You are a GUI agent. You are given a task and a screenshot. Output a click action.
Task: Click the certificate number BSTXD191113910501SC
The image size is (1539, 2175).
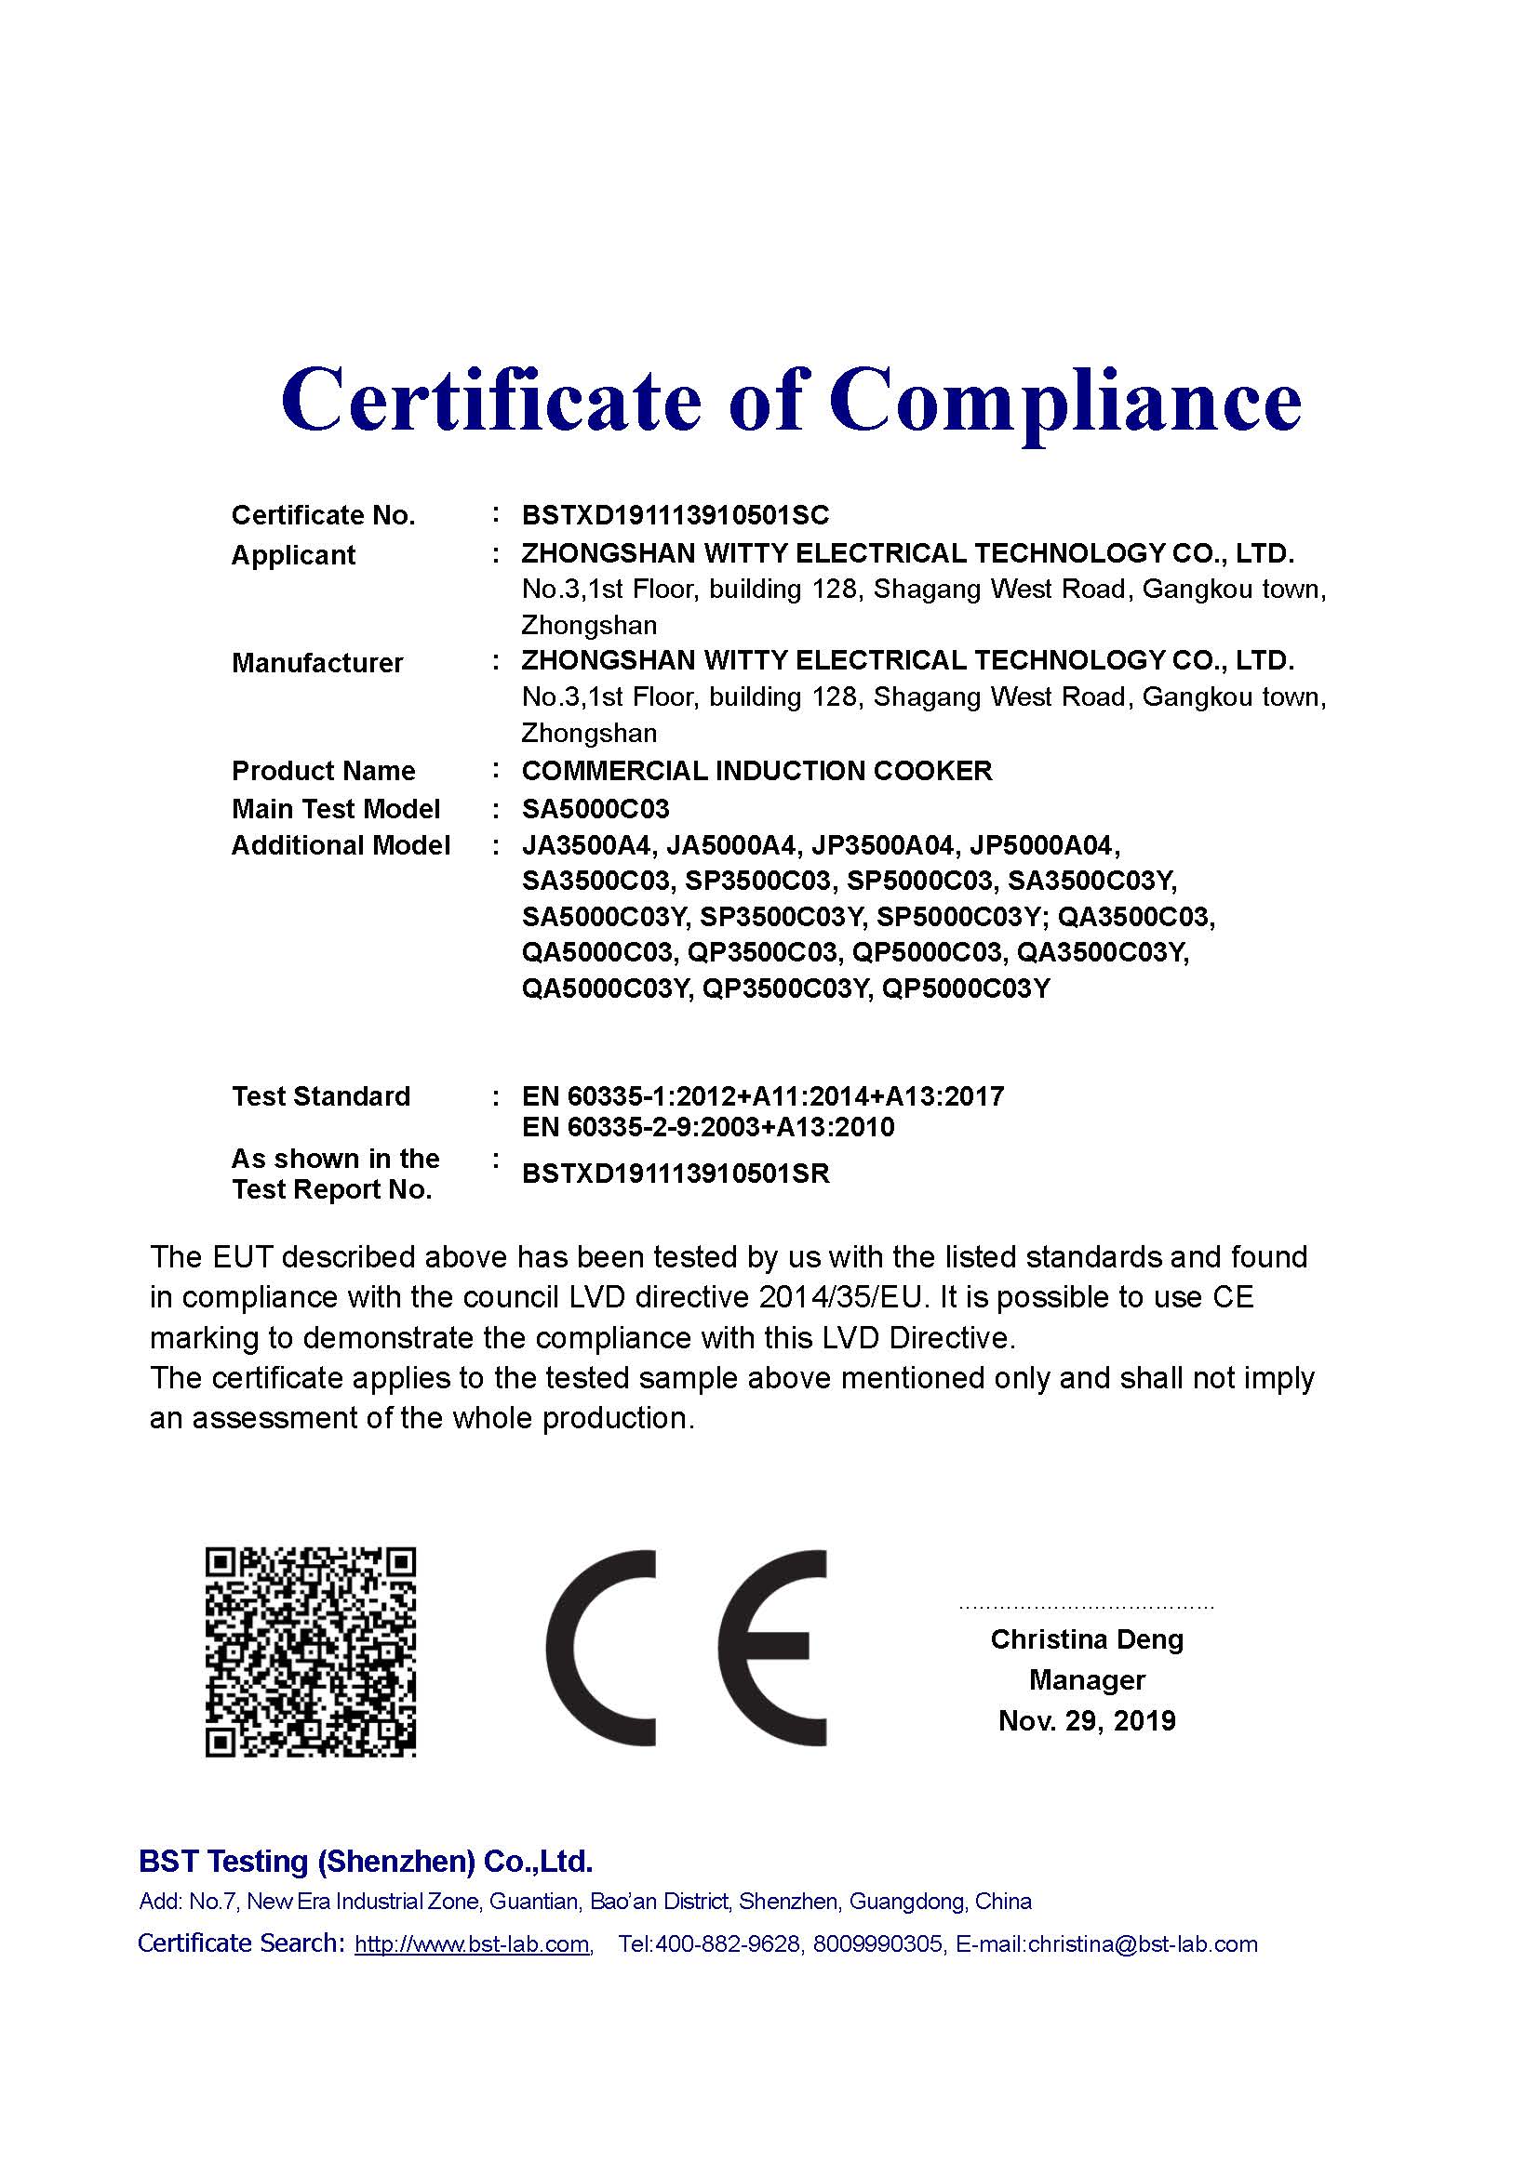point(675,515)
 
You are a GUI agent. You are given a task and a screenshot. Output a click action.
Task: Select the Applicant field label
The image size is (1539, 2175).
point(293,555)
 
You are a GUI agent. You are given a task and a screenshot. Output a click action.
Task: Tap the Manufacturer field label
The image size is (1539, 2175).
point(316,663)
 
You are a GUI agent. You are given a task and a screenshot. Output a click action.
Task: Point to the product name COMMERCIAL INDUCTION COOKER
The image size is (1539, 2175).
point(756,771)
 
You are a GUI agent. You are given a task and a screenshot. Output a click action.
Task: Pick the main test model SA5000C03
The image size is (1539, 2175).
point(596,809)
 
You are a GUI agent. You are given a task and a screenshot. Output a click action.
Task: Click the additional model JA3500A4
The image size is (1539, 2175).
point(585,845)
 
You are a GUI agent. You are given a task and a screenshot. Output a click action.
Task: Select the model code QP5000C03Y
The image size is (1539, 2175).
point(966,989)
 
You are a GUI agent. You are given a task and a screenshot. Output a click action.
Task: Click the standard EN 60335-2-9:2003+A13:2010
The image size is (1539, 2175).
point(708,1127)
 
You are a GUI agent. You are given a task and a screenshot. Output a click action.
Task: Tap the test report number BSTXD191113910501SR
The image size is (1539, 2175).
point(675,1174)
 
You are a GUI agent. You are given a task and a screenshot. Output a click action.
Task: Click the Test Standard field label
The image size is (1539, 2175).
point(320,1097)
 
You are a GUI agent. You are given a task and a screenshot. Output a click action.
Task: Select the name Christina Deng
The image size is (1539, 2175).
point(1087,1639)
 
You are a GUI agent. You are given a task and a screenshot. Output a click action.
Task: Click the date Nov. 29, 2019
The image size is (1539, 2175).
point(1087,1721)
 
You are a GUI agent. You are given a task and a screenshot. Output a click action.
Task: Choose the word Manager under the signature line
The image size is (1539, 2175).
point(1087,1680)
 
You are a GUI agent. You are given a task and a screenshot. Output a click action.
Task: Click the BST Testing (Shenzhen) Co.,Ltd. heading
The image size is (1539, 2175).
point(366,1862)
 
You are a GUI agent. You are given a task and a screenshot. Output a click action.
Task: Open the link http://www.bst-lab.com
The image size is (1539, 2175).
point(473,1944)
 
